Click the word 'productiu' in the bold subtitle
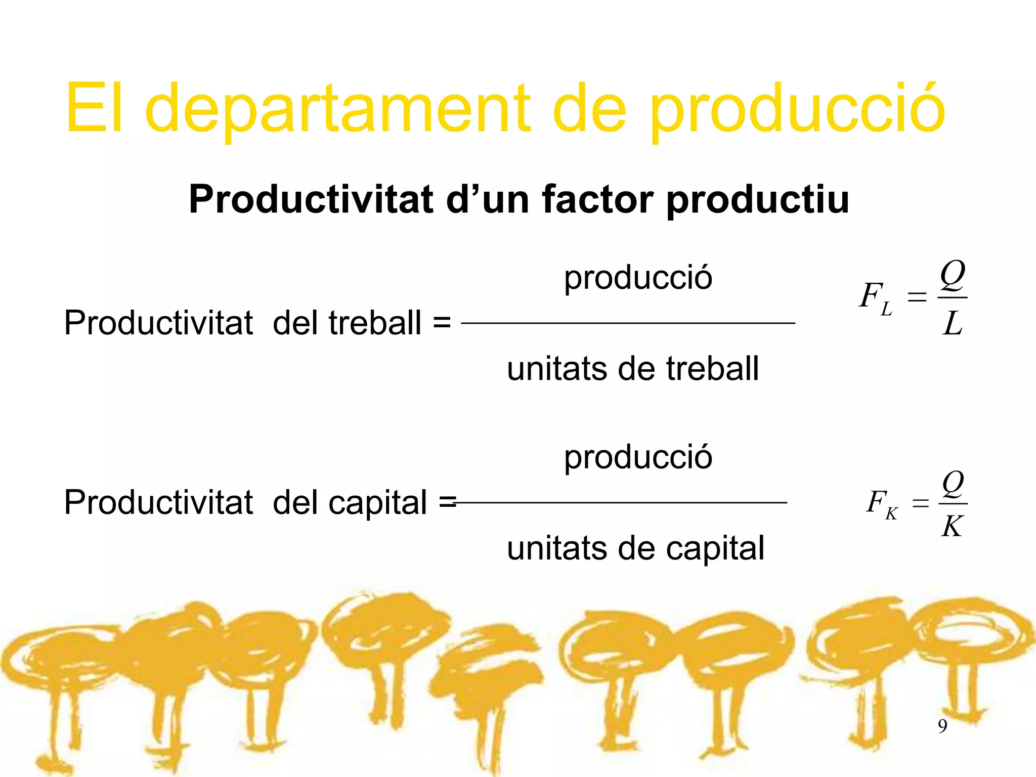click(x=757, y=199)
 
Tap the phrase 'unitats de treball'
click(x=633, y=368)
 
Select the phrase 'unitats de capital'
click(x=635, y=548)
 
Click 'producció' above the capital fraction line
click(x=638, y=457)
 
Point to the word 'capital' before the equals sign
click(x=378, y=502)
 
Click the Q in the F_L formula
click(x=953, y=276)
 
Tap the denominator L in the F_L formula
click(x=953, y=324)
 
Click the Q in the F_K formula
click(x=953, y=484)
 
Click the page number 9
click(x=942, y=726)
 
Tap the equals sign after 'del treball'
click(x=442, y=323)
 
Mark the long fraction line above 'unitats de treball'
click(x=628, y=323)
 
